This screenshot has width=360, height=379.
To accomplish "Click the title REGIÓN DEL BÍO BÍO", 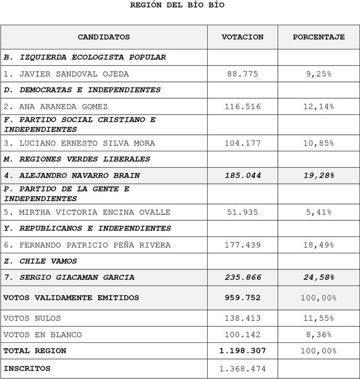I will click(177, 5).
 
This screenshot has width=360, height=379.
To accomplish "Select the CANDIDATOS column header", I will click(104, 37).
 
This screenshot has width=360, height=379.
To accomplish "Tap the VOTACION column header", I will click(242, 37).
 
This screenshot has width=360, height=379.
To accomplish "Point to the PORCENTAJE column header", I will click(318, 37).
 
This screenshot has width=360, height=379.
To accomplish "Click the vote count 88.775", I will click(242, 74).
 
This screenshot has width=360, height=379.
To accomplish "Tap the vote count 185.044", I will click(242, 176).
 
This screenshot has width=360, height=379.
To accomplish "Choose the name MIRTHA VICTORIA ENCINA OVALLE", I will click(87, 212).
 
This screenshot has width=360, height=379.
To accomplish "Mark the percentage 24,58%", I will click(318, 278).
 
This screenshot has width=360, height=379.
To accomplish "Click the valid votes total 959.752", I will click(242, 298).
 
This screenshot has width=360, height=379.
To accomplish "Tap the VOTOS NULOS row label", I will click(32, 318).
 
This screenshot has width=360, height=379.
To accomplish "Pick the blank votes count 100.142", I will click(242, 335).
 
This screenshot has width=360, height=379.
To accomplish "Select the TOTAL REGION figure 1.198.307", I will click(242, 351).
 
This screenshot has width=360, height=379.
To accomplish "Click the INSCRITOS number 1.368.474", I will click(242, 369).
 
